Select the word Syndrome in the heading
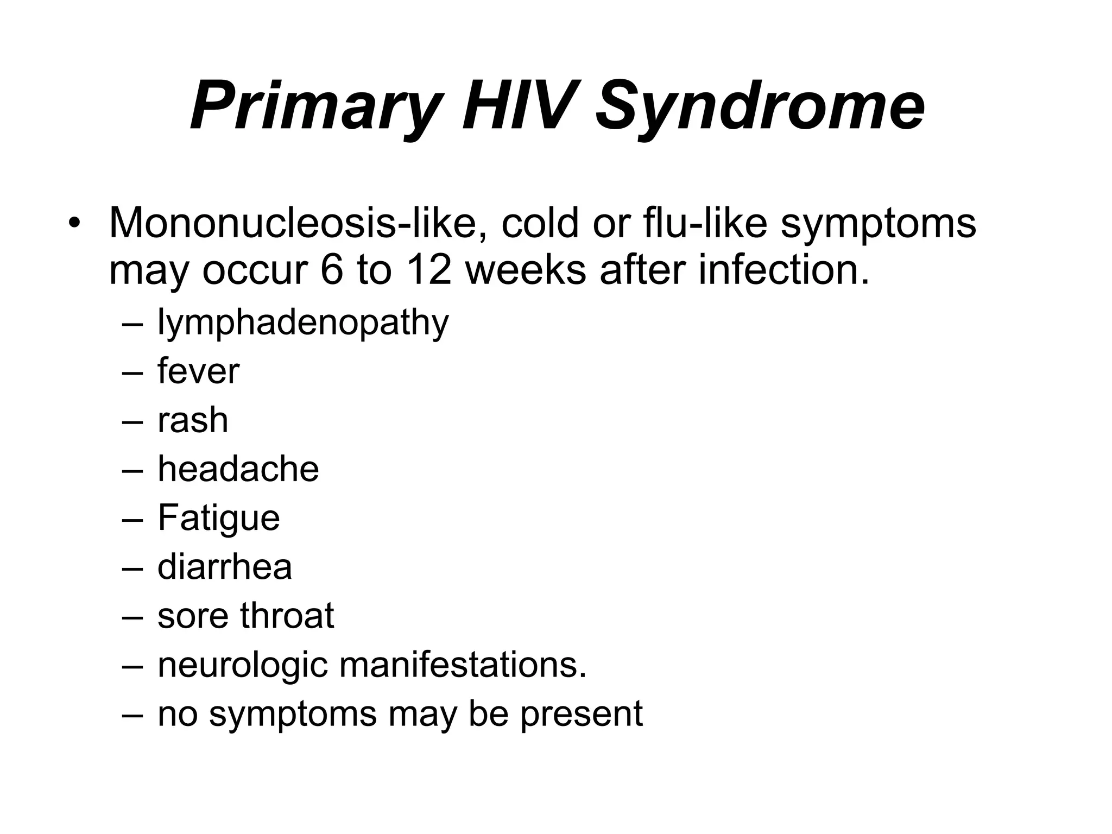[760, 106]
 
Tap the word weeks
[526, 270]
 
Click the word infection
[784, 270]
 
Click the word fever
[198, 371]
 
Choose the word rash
[193, 420]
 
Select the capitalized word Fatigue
[218, 518]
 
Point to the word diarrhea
[224, 567]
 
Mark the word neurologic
[242, 666]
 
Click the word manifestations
[463, 665]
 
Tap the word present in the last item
[582, 715]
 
